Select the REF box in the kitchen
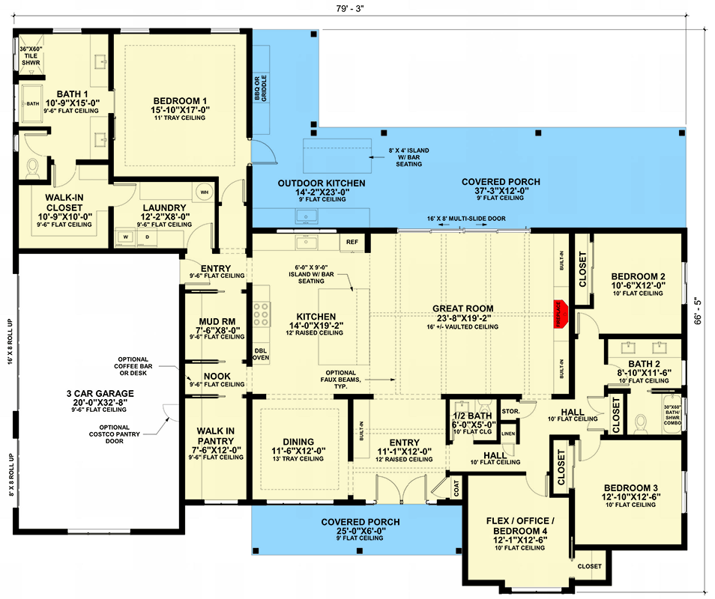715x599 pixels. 352,242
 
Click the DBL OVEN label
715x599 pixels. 261,353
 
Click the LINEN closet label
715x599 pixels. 508,434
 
